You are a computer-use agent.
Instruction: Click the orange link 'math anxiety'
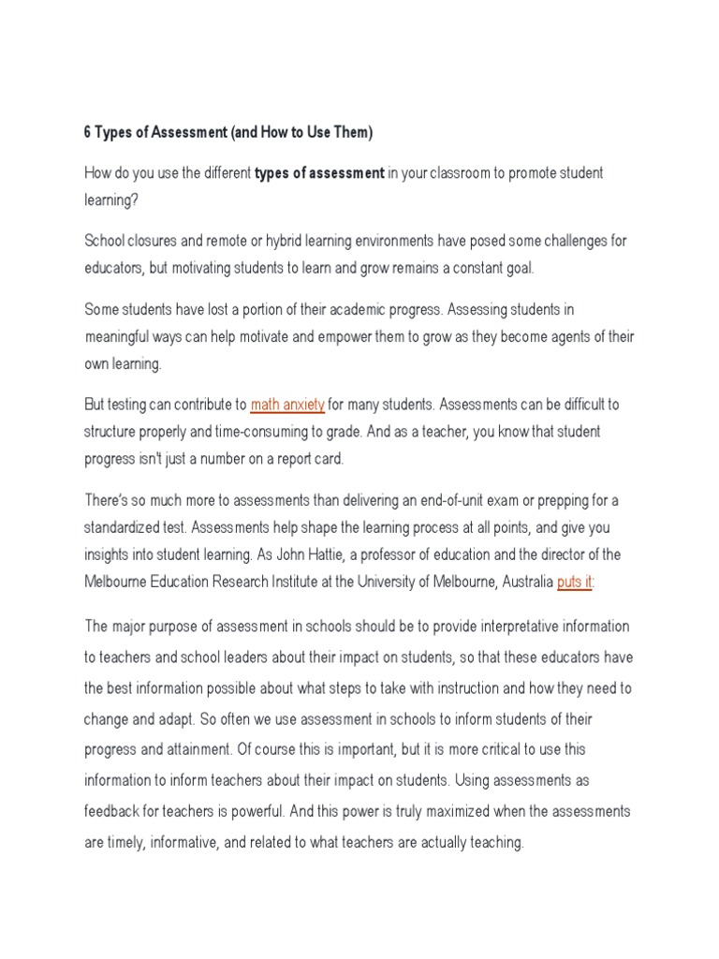[287, 405]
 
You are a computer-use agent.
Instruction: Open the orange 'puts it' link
[575, 582]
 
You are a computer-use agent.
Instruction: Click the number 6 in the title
[88, 133]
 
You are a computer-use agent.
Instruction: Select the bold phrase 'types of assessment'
[319, 173]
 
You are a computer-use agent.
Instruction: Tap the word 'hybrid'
[289, 241]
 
